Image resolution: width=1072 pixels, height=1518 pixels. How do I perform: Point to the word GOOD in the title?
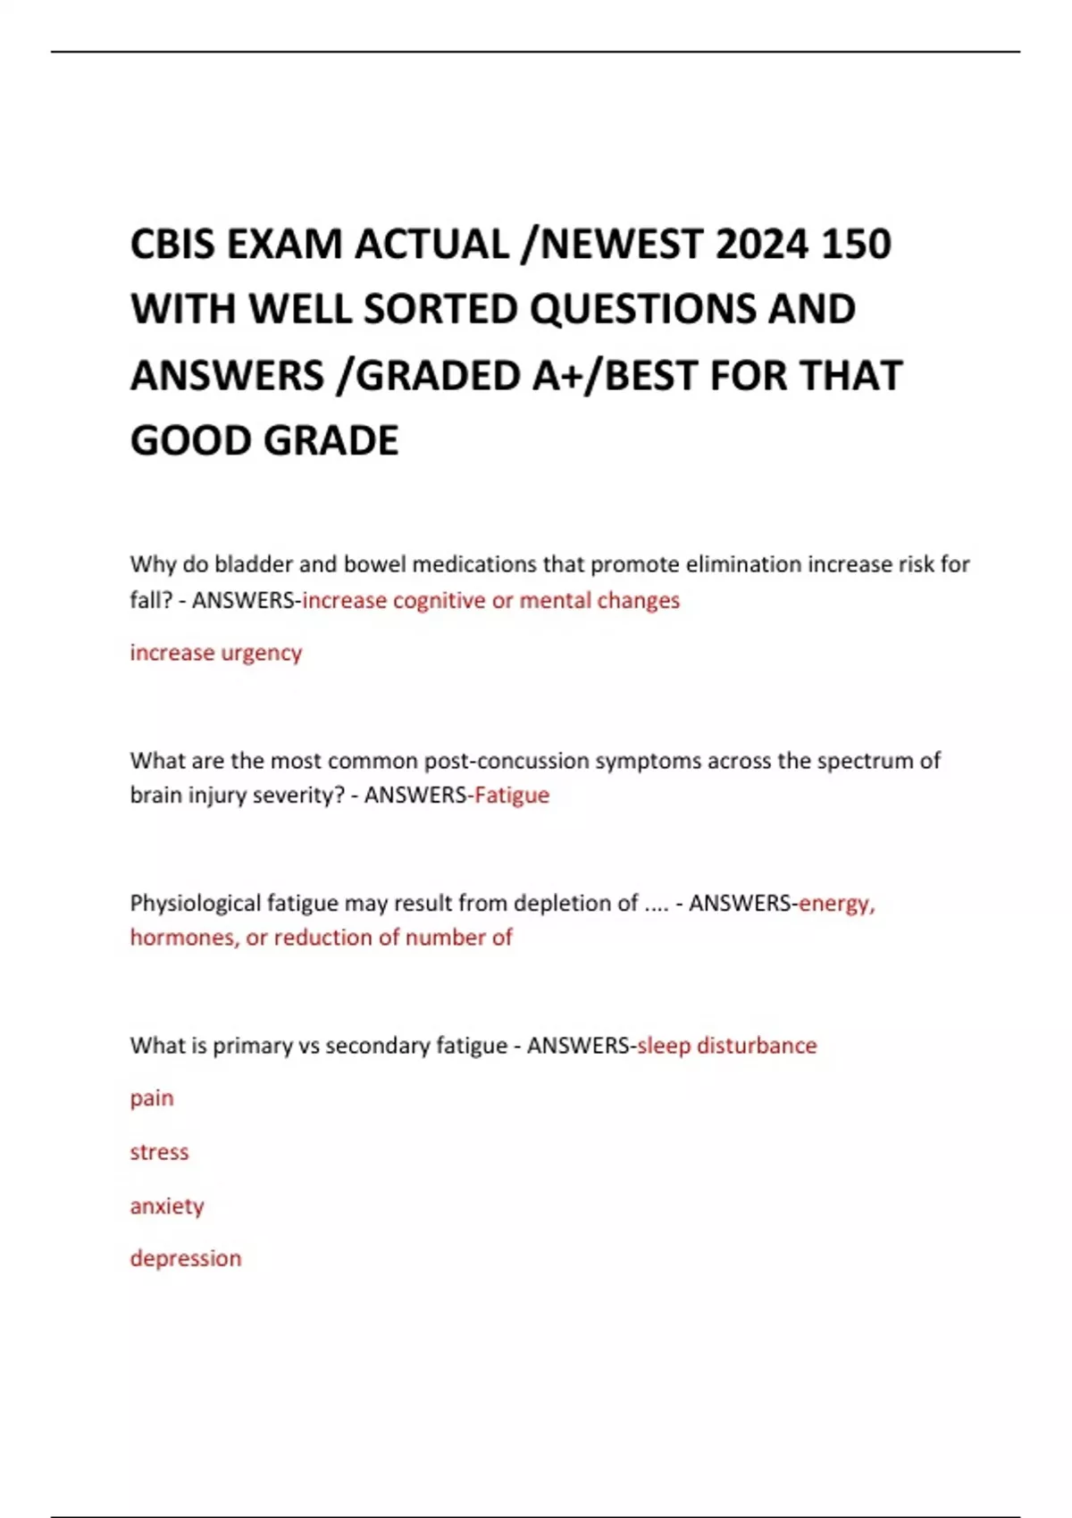click(189, 441)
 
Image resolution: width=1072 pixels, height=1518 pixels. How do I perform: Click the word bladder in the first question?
click(254, 564)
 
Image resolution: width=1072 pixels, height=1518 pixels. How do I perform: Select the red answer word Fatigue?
click(512, 795)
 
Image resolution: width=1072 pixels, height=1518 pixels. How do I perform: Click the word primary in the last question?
click(252, 1046)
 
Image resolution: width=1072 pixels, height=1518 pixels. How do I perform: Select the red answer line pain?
click(152, 1098)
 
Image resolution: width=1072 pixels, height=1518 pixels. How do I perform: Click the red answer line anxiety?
click(167, 1206)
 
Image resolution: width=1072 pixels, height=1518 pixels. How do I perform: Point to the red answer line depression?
click(186, 1259)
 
